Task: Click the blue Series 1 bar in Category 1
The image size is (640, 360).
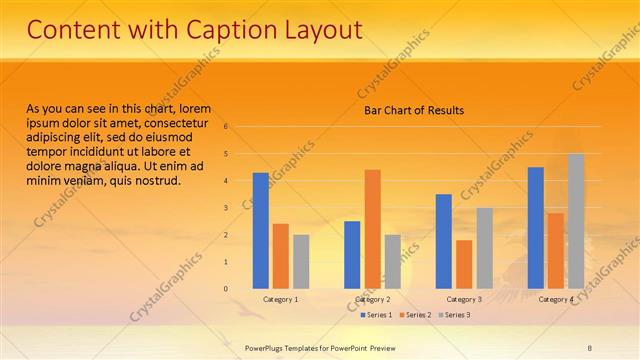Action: coord(261,231)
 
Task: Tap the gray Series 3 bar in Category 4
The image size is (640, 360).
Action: coord(576,221)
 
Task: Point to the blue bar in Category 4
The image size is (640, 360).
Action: coord(536,228)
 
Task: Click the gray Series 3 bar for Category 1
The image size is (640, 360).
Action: coord(301,262)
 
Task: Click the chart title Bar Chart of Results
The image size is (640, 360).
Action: coord(413,110)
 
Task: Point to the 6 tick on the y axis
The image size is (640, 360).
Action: coord(226,127)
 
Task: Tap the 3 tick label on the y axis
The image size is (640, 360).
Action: coord(226,208)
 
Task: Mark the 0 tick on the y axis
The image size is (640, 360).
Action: coord(226,289)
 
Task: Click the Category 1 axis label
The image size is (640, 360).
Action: coord(281,299)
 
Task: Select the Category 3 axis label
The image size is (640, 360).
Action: coord(464,299)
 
